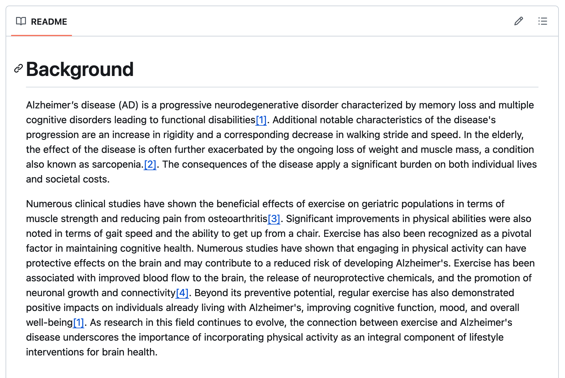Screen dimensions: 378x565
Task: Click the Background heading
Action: point(80,69)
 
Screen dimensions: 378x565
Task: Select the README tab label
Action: point(49,22)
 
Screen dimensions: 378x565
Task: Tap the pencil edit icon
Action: point(519,21)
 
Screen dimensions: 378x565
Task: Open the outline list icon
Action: point(542,21)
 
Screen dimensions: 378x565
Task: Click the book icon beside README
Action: point(21,21)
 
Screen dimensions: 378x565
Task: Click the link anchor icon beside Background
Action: point(19,69)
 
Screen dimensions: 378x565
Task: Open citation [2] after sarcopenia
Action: point(150,164)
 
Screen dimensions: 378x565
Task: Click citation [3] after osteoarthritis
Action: point(274,219)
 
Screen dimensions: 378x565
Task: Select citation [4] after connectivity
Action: point(182,293)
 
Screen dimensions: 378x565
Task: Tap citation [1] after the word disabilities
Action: point(261,120)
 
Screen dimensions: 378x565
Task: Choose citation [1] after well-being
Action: point(78,322)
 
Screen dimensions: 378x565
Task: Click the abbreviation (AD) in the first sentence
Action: point(129,105)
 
